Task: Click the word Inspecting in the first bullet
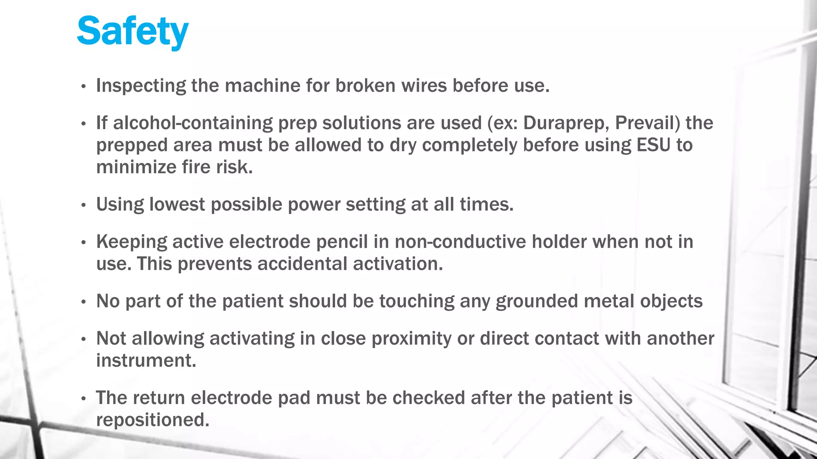tap(141, 86)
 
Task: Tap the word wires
tap(424, 85)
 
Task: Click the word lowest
tap(177, 204)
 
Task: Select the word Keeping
tap(132, 242)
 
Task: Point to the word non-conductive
tap(460, 242)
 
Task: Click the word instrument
tap(146, 361)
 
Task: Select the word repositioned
tap(152, 420)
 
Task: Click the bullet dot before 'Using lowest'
tap(83, 206)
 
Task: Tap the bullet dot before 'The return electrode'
tap(83, 399)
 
